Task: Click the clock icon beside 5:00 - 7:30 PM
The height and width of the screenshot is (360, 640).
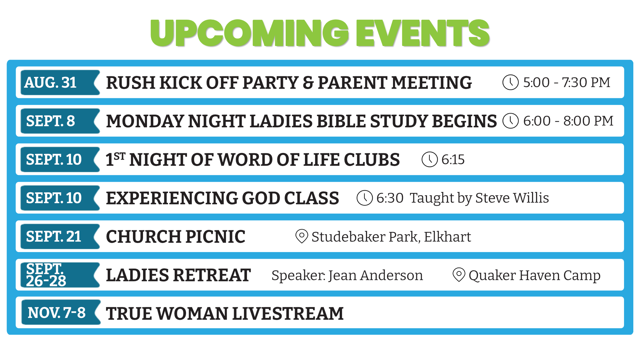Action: click(x=510, y=82)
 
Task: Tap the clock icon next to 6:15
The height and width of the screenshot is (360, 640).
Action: click(x=430, y=159)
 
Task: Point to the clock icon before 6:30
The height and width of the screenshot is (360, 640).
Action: click(x=365, y=198)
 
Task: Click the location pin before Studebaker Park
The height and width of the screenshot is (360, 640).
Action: click(x=302, y=236)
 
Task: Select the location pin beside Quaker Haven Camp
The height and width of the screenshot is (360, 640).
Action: click(x=459, y=275)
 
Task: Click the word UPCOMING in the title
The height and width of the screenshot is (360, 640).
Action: click(x=250, y=33)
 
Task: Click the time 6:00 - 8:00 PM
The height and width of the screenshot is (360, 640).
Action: click(x=568, y=121)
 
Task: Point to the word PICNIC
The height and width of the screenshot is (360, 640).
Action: click(x=215, y=237)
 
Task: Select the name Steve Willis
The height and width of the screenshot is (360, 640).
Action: click(x=512, y=198)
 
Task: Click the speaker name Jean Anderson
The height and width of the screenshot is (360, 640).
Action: click(x=376, y=275)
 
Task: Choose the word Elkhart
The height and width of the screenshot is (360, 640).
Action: click(x=447, y=237)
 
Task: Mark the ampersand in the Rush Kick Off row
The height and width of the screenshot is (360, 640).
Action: click(x=308, y=83)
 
